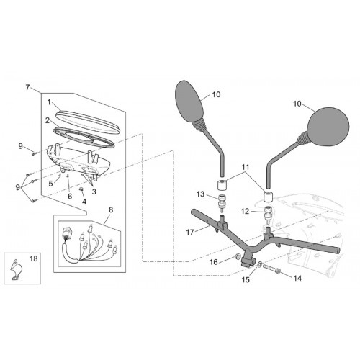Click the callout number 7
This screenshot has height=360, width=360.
pyautogui.click(x=28, y=88)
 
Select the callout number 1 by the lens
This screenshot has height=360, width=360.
pyautogui.click(x=49, y=102)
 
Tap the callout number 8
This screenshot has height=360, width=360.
pyautogui.click(x=111, y=210)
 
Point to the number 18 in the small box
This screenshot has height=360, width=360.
pyautogui.click(x=34, y=258)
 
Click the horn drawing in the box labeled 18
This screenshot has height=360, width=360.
pyautogui.click(x=16, y=269)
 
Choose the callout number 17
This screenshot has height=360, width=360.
pyautogui.click(x=190, y=233)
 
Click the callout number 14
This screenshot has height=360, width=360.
pyautogui.click(x=297, y=278)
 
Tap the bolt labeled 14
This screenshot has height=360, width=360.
pyautogui.click(x=272, y=268)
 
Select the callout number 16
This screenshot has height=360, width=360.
pyautogui.click(x=214, y=262)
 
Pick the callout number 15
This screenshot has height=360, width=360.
pyautogui.click(x=246, y=279)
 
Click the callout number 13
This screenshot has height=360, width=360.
pyautogui.click(x=201, y=194)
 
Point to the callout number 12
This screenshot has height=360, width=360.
pyautogui.click(x=246, y=212)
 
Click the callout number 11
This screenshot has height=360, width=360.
pyautogui.click(x=246, y=167)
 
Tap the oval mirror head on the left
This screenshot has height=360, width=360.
pyautogui.click(x=189, y=100)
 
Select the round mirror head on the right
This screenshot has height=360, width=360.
pyautogui.click(x=328, y=126)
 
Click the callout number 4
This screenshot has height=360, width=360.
pyautogui.click(x=84, y=202)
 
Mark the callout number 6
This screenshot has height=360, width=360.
pyautogui.click(x=70, y=197)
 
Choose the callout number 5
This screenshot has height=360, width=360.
pyautogui.click(x=50, y=184)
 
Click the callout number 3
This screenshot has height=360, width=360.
pyautogui.click(x=94, y=192)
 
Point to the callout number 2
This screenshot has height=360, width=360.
pyautogui.click(x=48, y=120)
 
